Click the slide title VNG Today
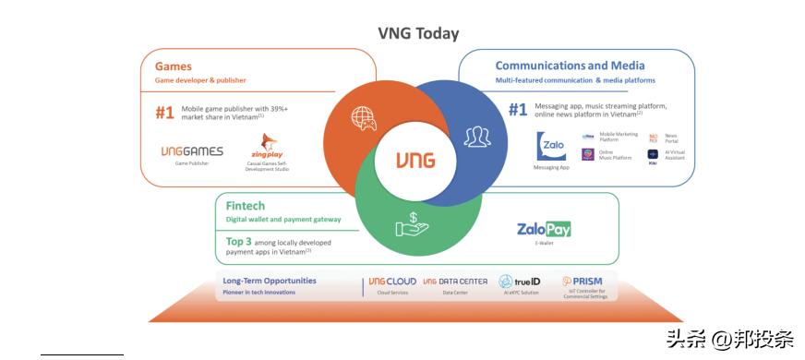418,34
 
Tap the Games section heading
174,66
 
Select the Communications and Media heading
570,66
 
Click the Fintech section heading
245,206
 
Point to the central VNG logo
415,160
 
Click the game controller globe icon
362,118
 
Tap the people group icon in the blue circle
476,138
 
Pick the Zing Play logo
268,147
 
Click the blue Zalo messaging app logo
552,146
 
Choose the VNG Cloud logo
390,281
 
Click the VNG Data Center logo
456,281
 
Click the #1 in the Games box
164,113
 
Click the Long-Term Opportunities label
270,281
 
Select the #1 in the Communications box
518,110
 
